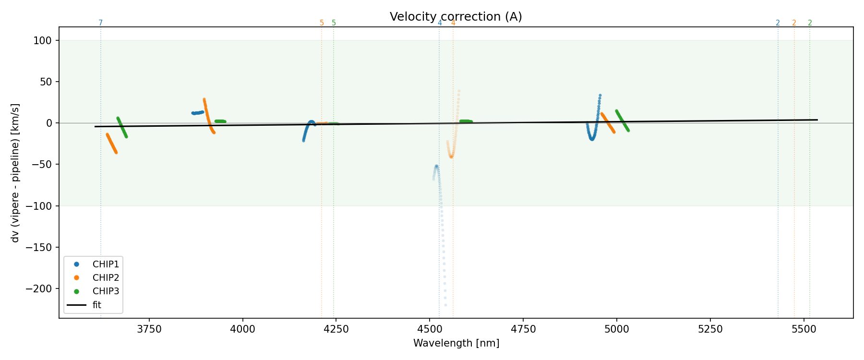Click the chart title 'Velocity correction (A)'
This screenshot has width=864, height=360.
coord(456,17)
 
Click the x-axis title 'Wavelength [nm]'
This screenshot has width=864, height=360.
coord(456,343)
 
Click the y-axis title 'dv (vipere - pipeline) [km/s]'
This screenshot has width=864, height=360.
coord(15,173)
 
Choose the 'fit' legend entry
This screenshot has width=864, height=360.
coord(96,305)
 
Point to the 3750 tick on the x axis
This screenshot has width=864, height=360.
coord(149,329)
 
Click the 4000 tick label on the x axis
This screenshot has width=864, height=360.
coord(243,329)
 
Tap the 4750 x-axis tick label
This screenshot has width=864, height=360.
coord(523,329)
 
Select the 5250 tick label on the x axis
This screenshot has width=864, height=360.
coord(710,329)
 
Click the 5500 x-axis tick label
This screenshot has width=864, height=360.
coord(804,329)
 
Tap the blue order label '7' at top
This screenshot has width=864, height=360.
coord(100,23)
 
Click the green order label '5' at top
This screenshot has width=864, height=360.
coord(334,23)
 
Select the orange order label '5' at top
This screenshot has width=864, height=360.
coord(322,23)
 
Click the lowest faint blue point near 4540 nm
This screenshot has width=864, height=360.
coord(445,305)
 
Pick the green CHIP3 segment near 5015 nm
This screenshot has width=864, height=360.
coord(622,120)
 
